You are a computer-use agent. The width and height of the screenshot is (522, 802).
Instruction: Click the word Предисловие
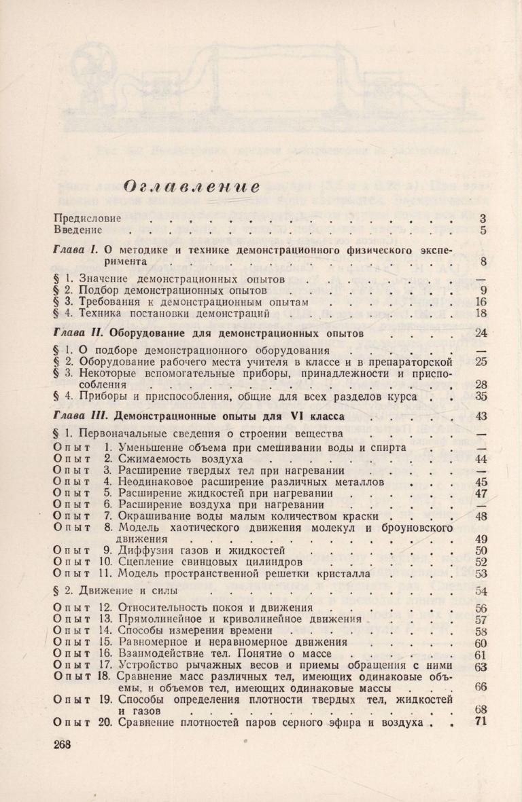click(87, 219)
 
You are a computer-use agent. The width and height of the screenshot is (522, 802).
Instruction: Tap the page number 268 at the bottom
click(62, 744)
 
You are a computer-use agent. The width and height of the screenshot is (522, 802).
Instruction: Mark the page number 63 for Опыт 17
click(481, 667)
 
